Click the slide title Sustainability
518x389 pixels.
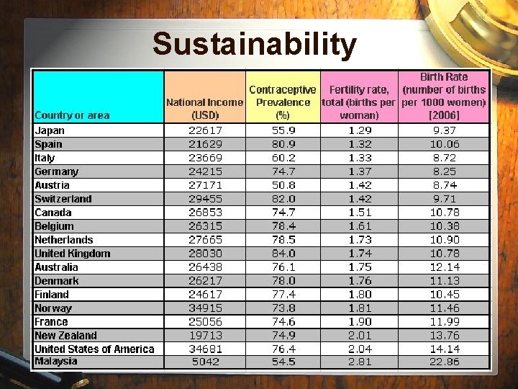[254, 44]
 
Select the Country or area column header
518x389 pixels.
[72, 115]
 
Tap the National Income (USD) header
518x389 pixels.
[205, 109]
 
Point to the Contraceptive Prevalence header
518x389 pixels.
[283, 102]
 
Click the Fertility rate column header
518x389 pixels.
[359, 102]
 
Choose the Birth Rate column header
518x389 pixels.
[444, 96]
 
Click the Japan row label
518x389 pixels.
[50, 130]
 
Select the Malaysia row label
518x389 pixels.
[56, 361]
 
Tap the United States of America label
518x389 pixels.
[94, 349]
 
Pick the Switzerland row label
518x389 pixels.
[63, 199]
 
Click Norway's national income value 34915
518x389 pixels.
[205, 308]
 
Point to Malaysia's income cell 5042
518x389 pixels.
[205, 362]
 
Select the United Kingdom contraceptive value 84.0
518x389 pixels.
[283, 254]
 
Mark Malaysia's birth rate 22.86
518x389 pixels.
[444, 362]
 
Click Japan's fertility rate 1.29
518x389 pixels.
[359, 130]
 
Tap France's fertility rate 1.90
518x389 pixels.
[359, 322]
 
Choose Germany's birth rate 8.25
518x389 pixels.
[444, 171]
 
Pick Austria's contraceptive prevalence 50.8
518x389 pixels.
[283, 185]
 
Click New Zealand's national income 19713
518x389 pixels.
[205, 336]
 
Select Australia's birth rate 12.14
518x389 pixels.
[444, 267]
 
